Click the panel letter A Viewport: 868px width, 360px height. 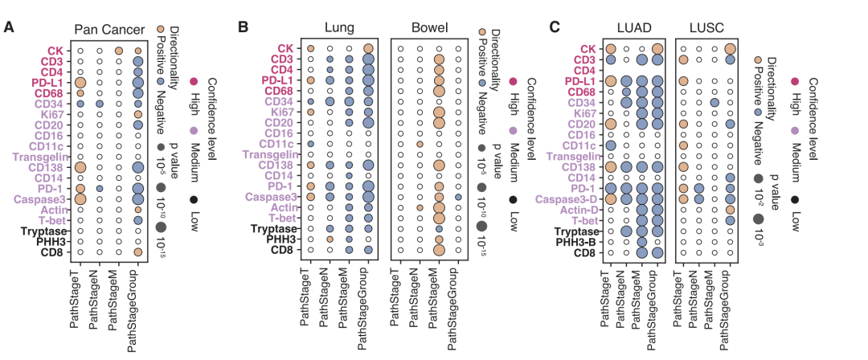9,27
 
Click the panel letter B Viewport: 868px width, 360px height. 243,27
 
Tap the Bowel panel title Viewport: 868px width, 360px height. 429,27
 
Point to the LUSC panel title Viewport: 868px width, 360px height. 706,27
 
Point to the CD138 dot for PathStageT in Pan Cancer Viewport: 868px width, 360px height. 80,166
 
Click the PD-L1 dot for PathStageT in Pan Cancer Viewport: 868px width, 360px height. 80,83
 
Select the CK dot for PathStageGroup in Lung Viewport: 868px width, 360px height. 368,49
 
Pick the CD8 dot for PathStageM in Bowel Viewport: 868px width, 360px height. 439,250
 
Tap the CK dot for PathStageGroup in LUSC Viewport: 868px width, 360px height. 730,49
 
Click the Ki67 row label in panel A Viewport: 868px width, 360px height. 55,114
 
